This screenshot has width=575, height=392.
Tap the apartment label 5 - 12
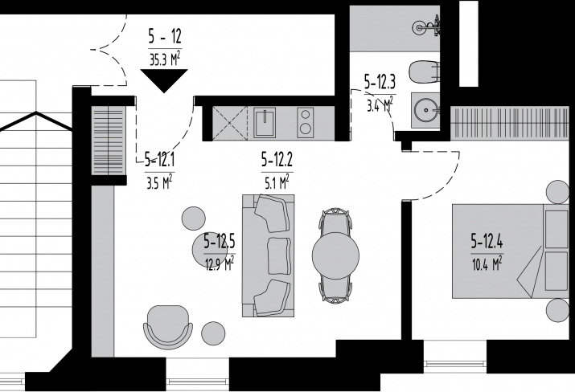tap(165, 37)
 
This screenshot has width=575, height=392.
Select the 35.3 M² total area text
tap(165, 59)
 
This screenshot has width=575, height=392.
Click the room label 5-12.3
tap(380, 82)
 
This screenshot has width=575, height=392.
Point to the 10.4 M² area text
tap(487, 263)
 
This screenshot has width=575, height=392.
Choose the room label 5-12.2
tap(277, 160)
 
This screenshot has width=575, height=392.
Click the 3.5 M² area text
tap(159, 182)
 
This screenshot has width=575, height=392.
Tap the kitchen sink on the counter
tap(265, 122)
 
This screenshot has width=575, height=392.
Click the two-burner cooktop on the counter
tap(305, 122)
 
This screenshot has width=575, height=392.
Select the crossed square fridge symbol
tap(230, 123)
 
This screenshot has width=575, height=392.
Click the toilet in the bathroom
tap(424, 72)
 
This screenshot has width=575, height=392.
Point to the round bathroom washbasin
tap(426, 109)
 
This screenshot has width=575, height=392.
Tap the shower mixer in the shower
tap(427, 27)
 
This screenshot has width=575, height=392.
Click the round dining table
tap(335, 255)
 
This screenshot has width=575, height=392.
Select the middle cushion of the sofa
tap(279, 256)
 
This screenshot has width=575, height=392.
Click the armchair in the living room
tap(168, 327)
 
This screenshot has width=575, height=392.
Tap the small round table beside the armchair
tap(213, 333)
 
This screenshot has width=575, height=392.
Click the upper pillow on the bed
tap(557, 230)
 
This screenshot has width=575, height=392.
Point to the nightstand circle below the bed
tap(558, 310)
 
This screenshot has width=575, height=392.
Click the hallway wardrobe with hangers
tap(109, 141)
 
